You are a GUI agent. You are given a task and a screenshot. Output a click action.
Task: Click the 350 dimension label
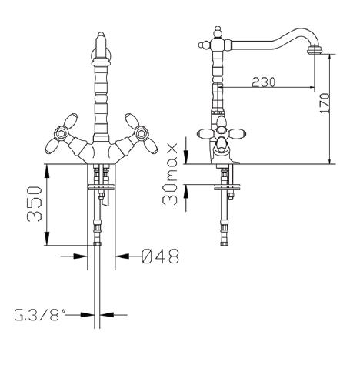pos(34,204)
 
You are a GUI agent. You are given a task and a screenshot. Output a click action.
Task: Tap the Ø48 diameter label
pos(160,256)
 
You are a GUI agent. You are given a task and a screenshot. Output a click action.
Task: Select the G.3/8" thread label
pos(40,314)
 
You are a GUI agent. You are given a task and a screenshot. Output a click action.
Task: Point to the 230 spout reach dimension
pos(263,82)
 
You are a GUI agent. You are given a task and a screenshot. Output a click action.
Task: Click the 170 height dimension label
pos(325,103)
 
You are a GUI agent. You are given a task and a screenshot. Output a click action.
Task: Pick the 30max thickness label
pos(170,174)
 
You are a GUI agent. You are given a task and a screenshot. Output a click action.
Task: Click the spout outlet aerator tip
pos(315,50)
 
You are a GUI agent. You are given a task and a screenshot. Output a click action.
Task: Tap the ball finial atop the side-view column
pos(218,32)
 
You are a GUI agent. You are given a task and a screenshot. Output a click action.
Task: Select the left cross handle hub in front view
pos(61,132)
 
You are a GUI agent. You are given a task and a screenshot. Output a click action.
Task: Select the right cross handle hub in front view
pos(141,132)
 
